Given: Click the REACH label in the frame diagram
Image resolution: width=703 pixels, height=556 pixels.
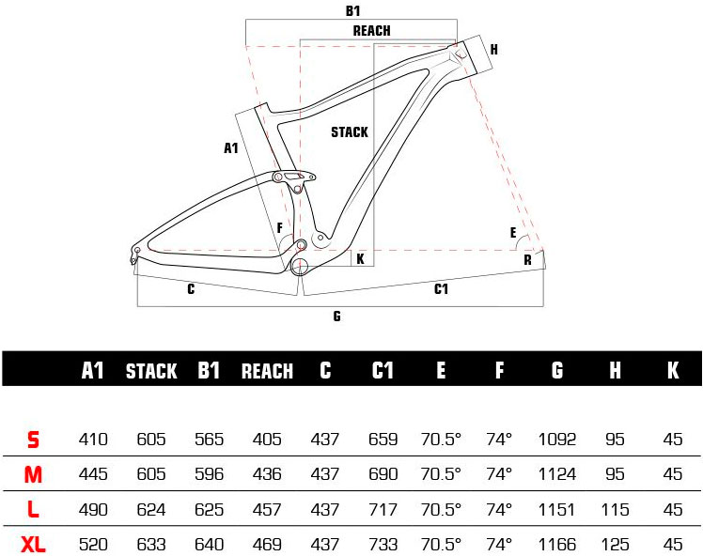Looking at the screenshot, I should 371,31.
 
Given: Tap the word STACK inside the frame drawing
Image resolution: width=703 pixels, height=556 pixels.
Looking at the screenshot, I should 349,132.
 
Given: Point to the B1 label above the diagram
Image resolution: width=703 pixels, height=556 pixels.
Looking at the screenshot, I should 352,11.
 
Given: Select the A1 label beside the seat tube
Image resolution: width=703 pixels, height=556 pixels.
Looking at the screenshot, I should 231,148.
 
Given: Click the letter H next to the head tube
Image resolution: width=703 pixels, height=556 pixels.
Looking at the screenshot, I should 493,50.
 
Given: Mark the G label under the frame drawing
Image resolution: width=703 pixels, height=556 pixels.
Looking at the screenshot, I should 336,317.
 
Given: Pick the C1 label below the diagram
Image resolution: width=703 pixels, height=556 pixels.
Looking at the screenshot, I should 441,289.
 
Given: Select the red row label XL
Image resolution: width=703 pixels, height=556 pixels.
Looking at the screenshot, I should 33,544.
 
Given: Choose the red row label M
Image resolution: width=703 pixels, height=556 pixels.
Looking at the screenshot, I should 33,474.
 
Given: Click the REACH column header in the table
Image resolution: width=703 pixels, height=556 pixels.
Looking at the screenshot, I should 267,371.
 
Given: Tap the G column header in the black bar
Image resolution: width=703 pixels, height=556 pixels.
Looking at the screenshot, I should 557,371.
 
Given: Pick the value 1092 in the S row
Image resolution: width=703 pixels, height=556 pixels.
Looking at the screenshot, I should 557,439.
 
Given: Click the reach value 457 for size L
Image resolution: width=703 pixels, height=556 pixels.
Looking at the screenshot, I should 267,509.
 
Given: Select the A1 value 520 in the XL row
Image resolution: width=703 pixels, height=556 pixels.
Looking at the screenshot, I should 93,544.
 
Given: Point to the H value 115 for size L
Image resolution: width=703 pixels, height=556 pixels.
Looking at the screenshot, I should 615,509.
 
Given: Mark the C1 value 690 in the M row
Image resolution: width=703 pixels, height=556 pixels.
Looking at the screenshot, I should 383,474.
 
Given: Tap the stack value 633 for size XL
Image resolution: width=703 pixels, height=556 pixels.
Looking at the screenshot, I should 151,544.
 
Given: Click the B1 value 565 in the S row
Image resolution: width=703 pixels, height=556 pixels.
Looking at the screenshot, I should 209,439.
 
